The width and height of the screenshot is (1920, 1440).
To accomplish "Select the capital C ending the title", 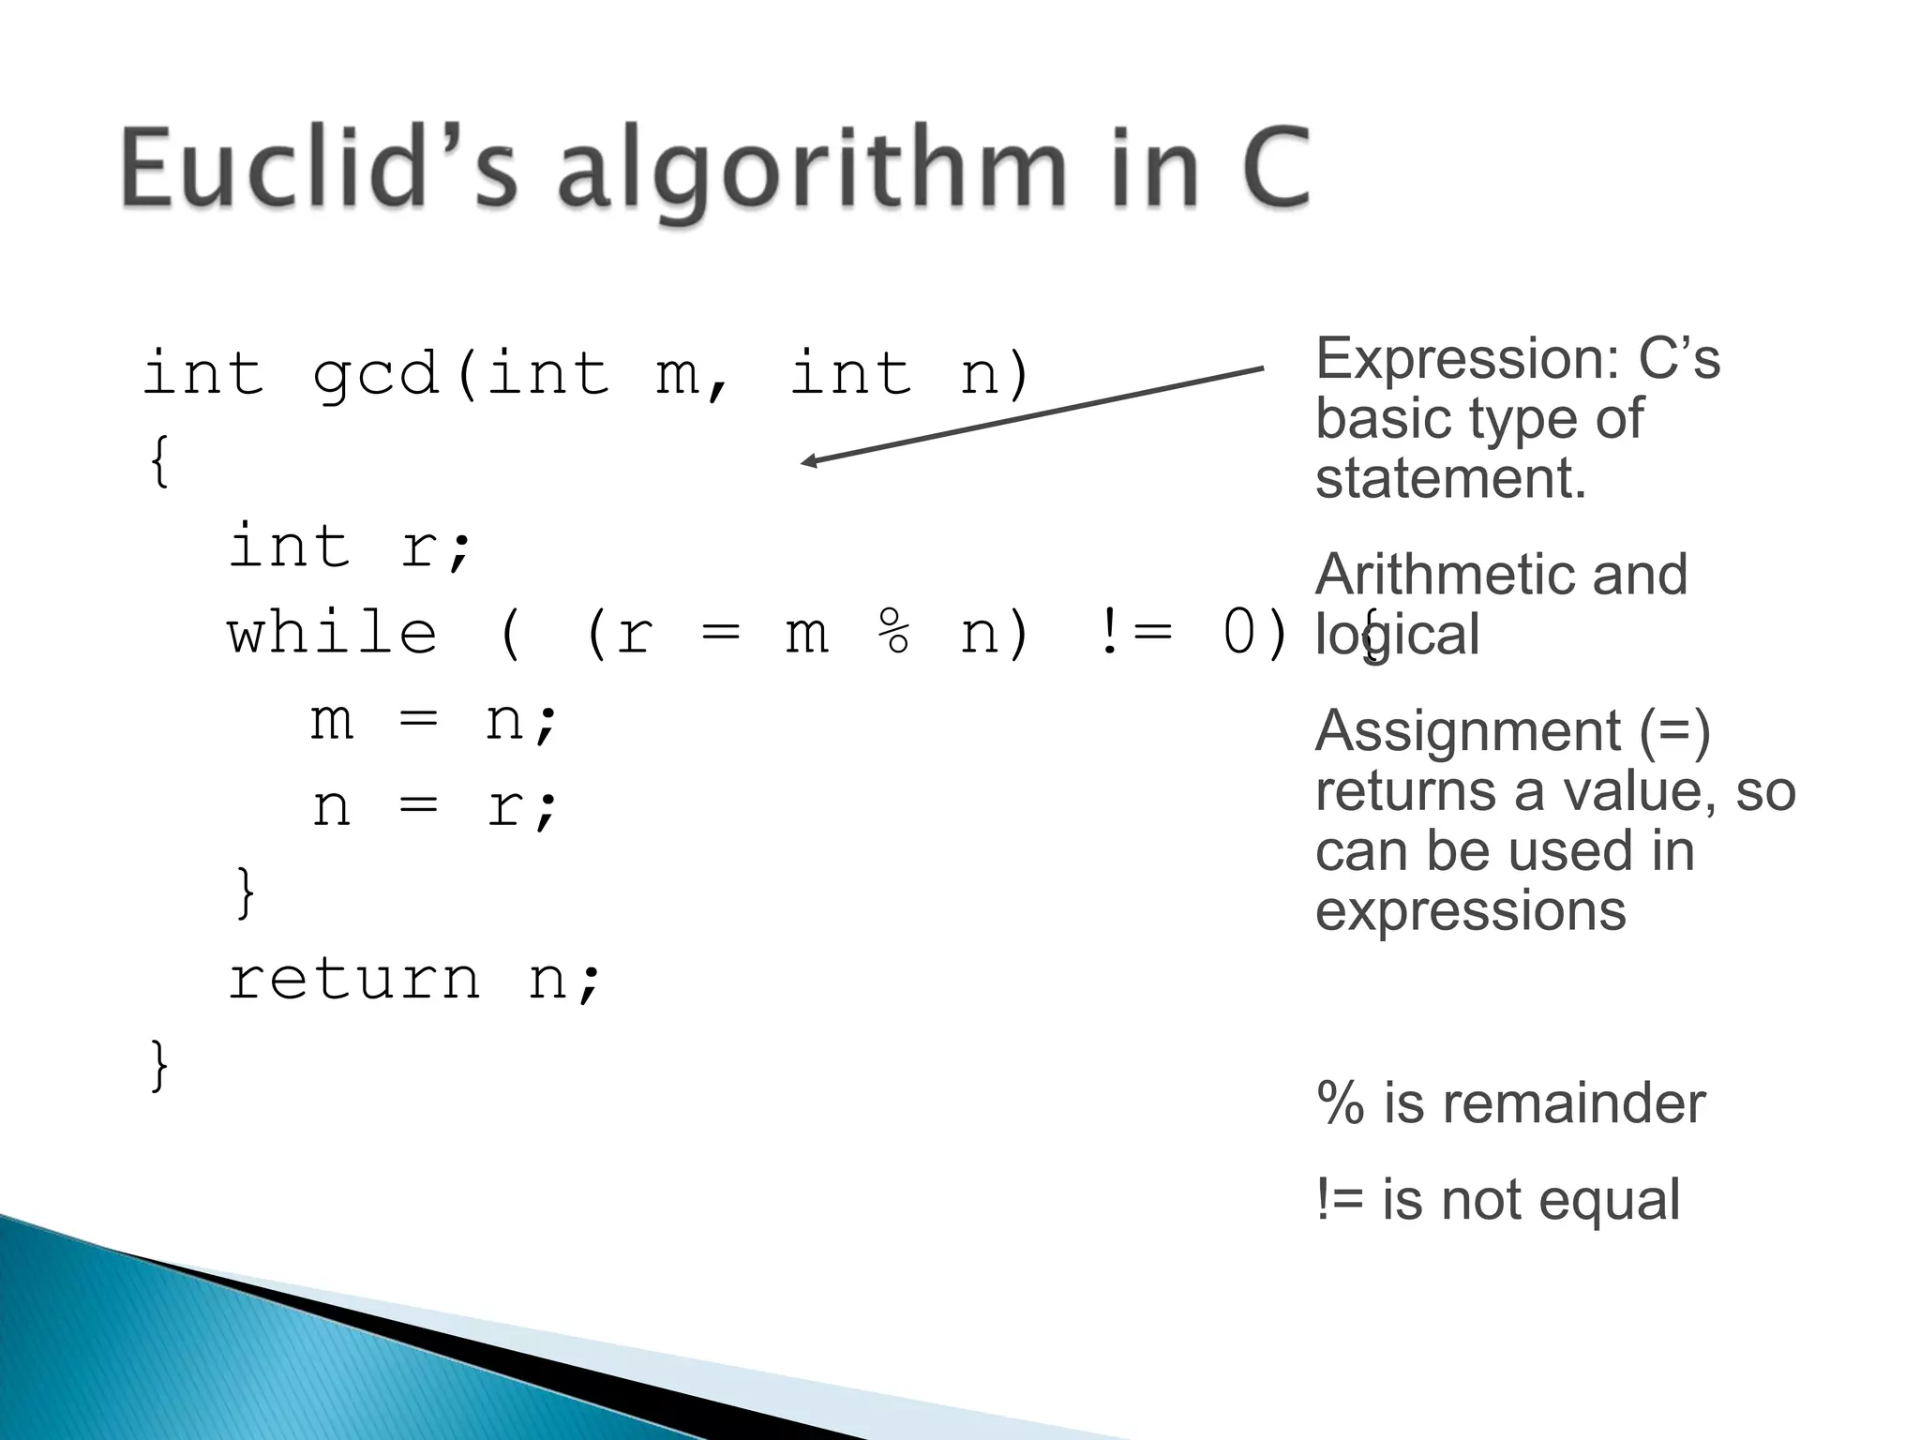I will pyautogui.click(x=1275, y=169).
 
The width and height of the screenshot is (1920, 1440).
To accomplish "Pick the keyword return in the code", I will pyautogui.click(x=354, y=980).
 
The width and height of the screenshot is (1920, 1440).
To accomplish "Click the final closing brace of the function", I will pyautogui.click(x=159, y=1066).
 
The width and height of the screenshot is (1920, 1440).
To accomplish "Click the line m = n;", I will pyautogui.click(x=434, y=722).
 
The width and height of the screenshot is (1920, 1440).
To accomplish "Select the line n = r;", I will pyautogui.click(x=434, y=808).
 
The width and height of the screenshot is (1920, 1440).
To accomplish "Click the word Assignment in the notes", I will pyautogui.click(x=1467, y=731).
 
